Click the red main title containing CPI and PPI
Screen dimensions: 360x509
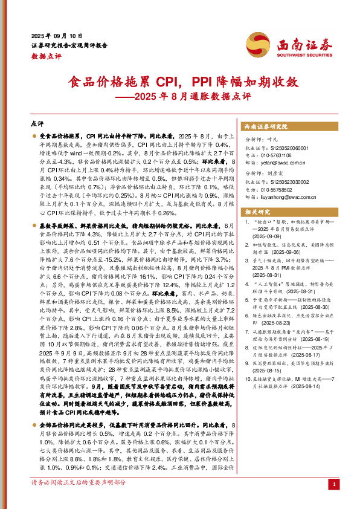181,82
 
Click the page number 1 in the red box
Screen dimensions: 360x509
334,484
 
